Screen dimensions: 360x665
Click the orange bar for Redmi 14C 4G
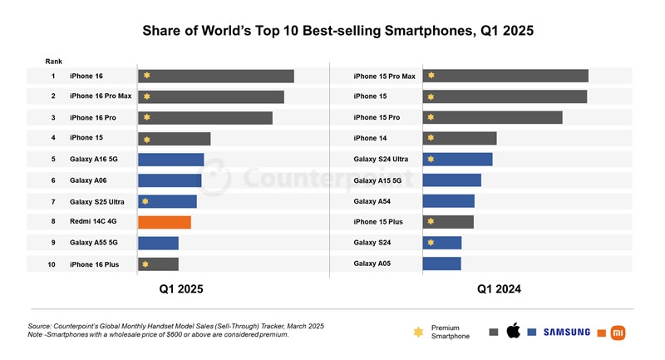pyautogui.click(x=165, y=222)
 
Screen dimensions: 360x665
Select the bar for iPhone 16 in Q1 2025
pyautogui.click(x=215, y=76)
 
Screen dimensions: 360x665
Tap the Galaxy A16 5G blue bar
pyautogui.click(x=170, y=160)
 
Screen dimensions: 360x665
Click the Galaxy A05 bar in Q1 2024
pyautogui.click(x=441, y=264)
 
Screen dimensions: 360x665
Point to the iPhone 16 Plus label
pyautogui.click(x=94, y=264)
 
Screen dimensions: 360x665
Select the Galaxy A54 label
pyautogui.click(x=372, y=201)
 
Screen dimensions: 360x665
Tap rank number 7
pyautogui.click(x=52, y=201)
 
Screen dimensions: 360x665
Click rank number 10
pyautogui.click(x=52, y=264)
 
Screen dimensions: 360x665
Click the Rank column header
pyautogui.click(x=53, y=62)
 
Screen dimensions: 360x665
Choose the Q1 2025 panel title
pyautogui.click(x=181, y=289)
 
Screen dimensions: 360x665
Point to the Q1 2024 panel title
pyautogui.click(x=499, y=289)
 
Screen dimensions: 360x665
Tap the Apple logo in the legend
pyautogui.click(x=513, y=332)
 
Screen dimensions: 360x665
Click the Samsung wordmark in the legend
pyautogui.click(x=567, y=333)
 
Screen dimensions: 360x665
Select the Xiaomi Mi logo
pyautogui.click(x=618, y=333)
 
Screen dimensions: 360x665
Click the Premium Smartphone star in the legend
pyautogui.click(x=418, y=333)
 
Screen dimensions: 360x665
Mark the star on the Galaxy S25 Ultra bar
pyautogui.click(x=145, y=201)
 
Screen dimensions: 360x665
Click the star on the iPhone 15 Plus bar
pyautogui.click(x=431, y=222)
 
